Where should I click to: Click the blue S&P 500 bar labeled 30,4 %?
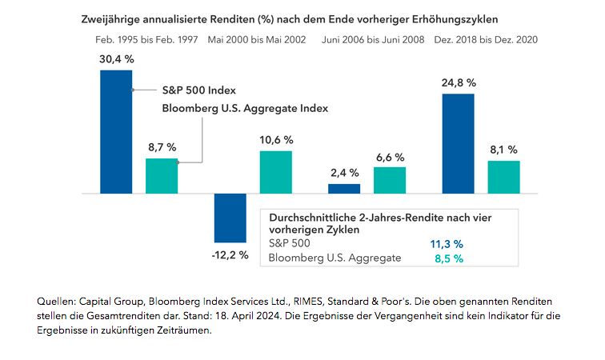(116, 132)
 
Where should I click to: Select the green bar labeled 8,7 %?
(161, 176)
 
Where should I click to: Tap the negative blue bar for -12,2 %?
(230, 218)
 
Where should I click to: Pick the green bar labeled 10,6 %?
(275, 172)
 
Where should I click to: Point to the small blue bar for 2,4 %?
(344, 189)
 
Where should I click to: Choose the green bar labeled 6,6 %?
(390, 180)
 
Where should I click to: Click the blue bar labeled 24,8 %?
(458, 143)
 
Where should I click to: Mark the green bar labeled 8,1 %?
(503, 177)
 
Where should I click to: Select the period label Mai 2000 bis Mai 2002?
(256, 38)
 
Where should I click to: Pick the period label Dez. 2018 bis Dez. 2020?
(485, 38)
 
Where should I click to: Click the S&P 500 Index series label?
(200, 90)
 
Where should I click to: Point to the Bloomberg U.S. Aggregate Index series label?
(246, 108)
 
